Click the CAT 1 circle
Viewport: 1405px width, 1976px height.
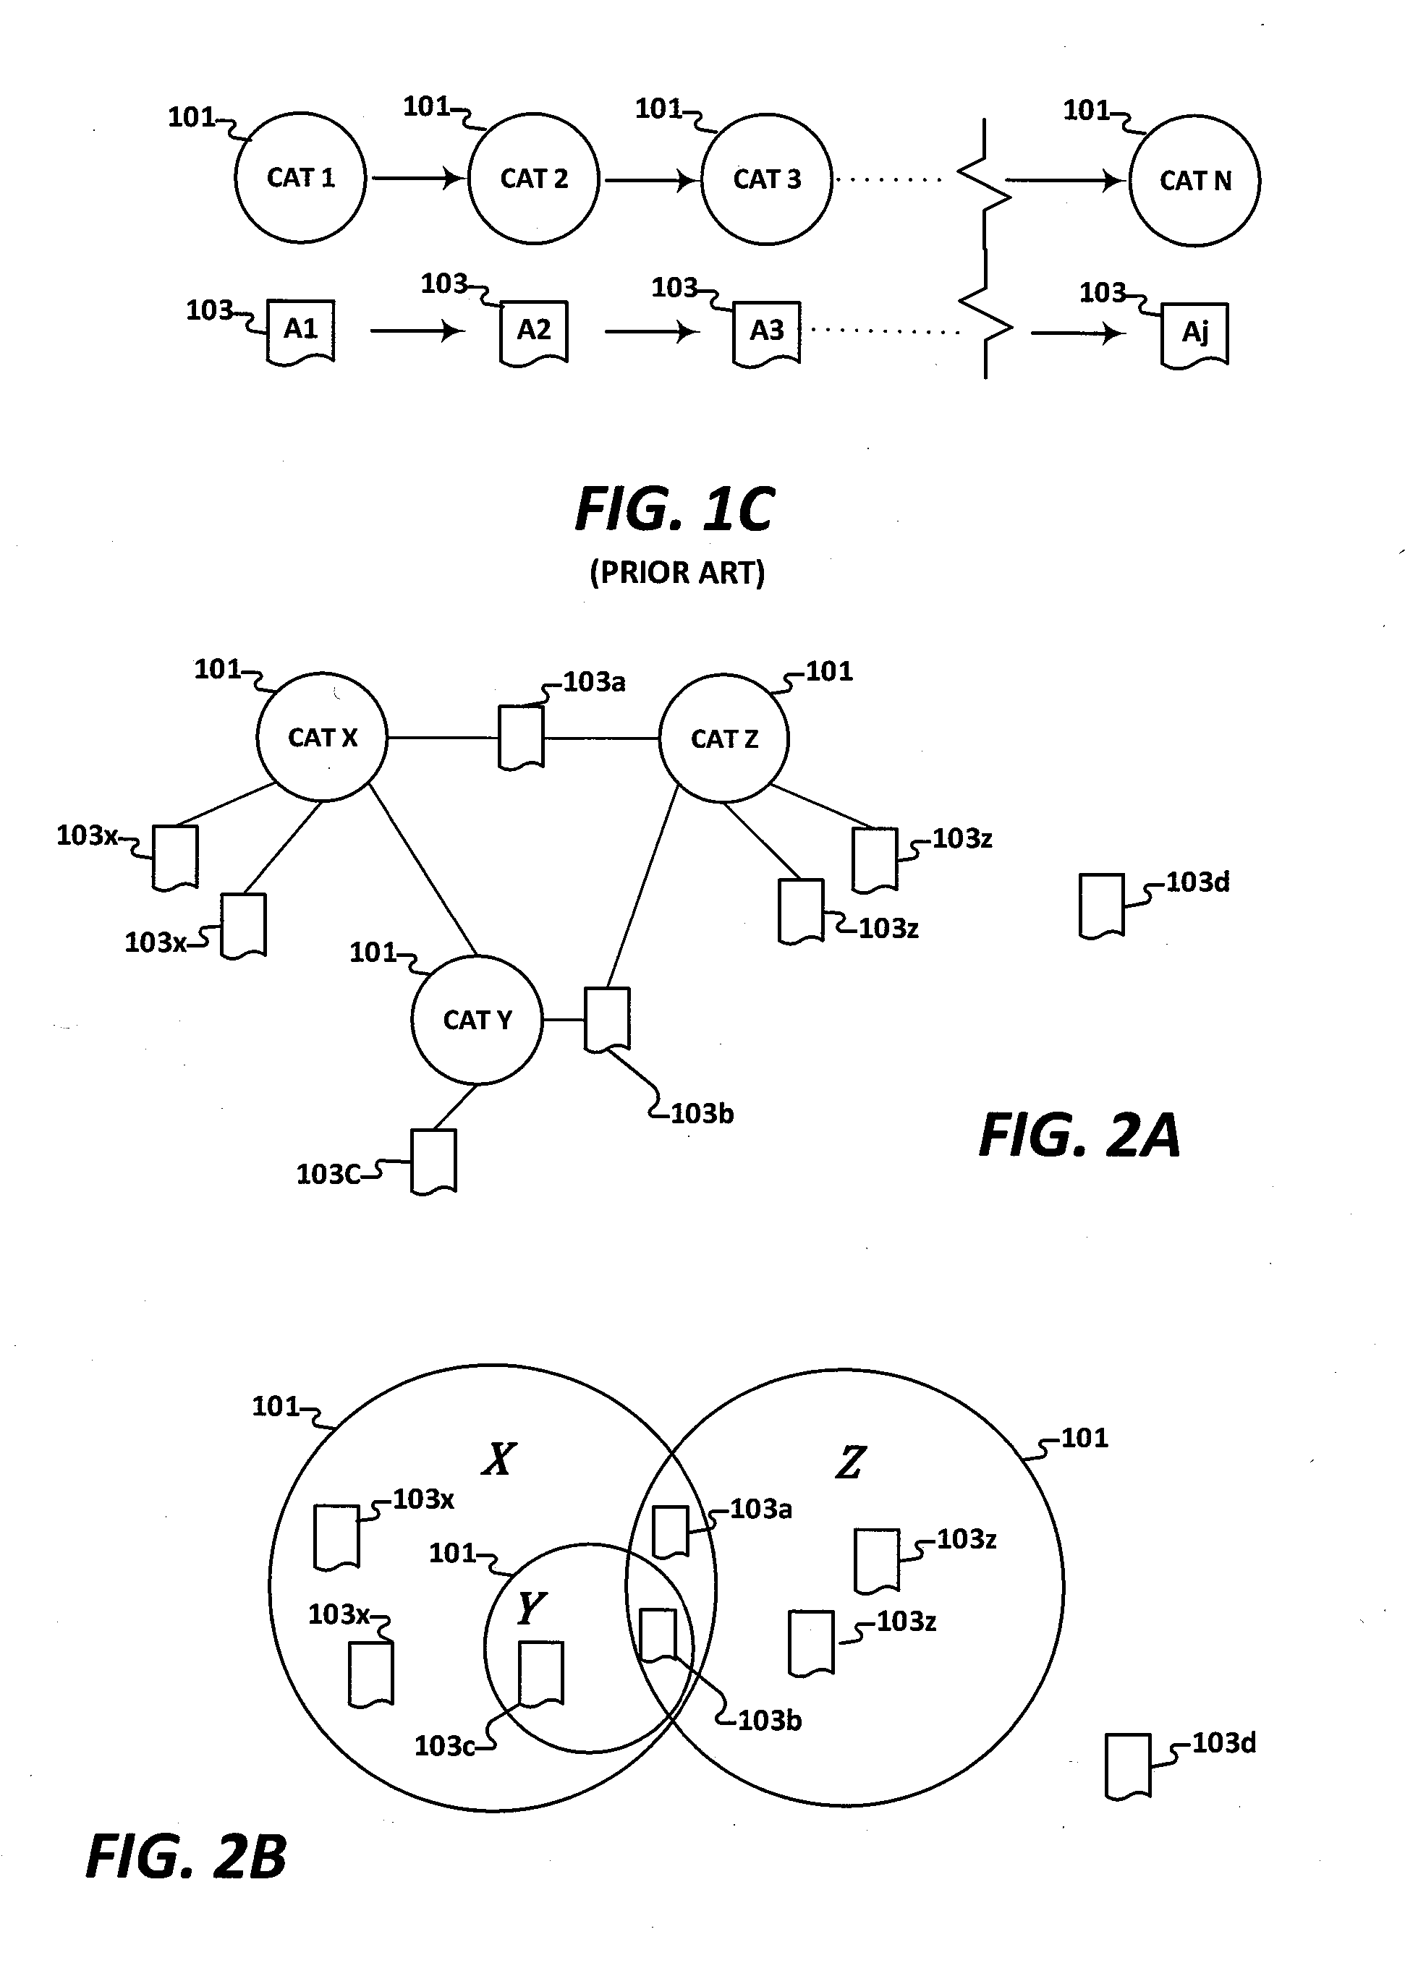[x=300, y=178]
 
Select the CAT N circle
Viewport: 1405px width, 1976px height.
[x=1194, y=181]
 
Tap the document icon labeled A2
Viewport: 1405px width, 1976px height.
[x=534, y=332]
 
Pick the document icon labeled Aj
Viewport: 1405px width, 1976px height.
[x=1194, y=335]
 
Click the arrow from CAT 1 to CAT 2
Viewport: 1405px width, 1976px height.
[x=417, y=178]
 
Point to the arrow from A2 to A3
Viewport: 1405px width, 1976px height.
[x=650, y=331]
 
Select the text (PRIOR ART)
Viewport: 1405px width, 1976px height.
[x=676, y=573]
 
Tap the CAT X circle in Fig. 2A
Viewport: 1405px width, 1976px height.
[x=322, y=737]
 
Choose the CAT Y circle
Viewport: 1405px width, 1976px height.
[x=477, y=1020]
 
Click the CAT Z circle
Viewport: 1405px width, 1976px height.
[x=723, y=738]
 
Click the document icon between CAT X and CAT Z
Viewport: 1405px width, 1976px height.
[x=522, y=737]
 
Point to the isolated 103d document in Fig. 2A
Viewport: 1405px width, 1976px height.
[x=1101, y=905]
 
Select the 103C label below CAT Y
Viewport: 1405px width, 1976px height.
[x=328, y=1175]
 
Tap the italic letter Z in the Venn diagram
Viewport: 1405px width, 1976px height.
[x=849, y=1462]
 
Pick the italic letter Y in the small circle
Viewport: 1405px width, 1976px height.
[x=530, y=1609]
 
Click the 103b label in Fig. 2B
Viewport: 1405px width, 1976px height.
[x=769, y=1720]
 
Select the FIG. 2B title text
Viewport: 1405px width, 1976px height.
[x=186, y=1857]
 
